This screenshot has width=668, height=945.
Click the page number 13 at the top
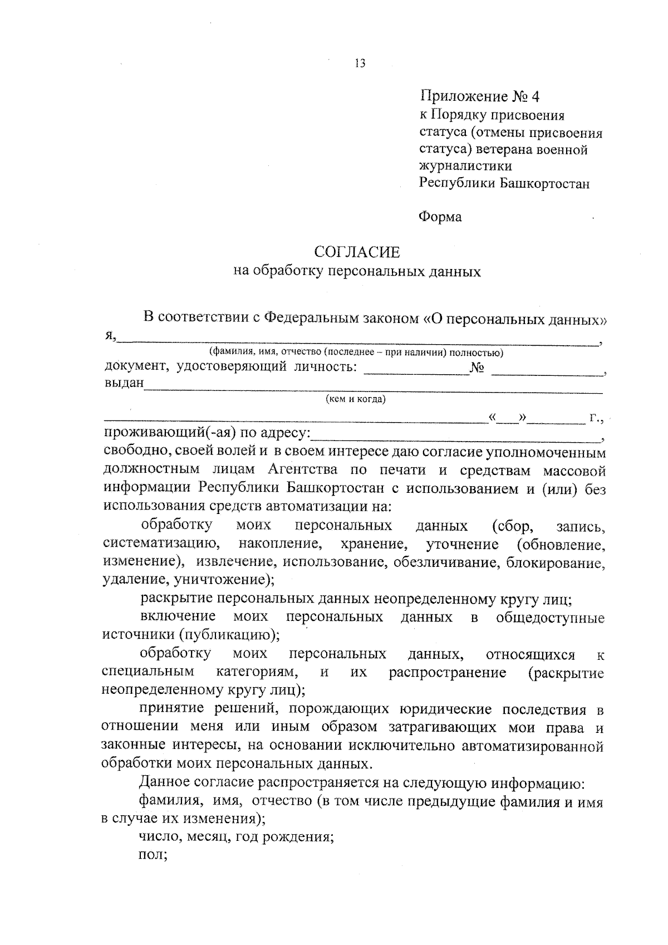tap(359, 63)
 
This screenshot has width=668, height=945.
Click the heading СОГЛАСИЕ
tap(357, 252)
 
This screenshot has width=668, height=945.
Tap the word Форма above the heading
tap(440, 217)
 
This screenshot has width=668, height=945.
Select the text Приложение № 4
tap(479, 97)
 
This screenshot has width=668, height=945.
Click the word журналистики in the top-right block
tap(465, 166)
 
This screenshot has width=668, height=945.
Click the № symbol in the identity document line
tap(477, 368)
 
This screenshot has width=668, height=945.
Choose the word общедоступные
tap(550, 618)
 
